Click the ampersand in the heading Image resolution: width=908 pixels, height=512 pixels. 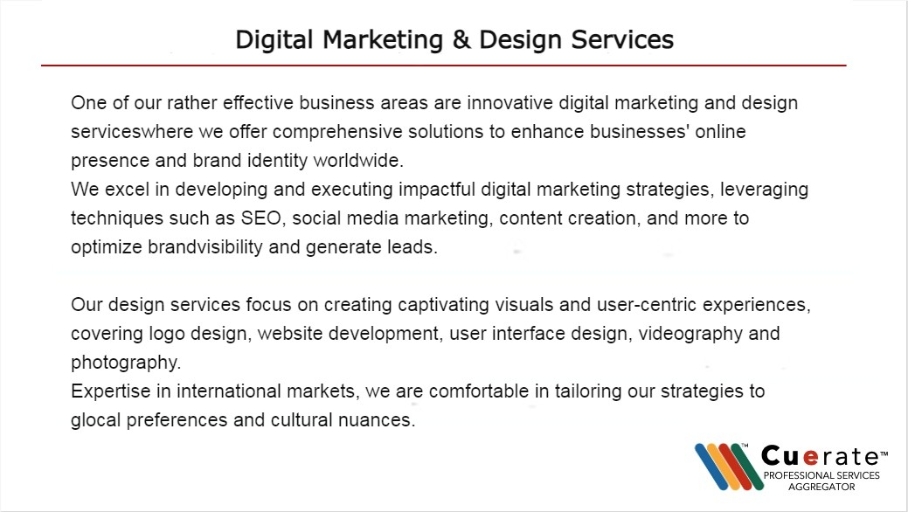pos(461,40)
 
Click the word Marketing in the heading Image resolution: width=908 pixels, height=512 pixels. pos(383,40)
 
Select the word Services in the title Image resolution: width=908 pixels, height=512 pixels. pos(622,40)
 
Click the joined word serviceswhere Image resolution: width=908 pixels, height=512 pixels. pos(132,131)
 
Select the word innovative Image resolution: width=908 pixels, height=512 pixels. pos(510,103)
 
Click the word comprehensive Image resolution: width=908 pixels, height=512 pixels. pos(337,132)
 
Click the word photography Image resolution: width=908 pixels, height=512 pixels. pos(126,363)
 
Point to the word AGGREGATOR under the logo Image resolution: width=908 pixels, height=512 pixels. pos(821,487)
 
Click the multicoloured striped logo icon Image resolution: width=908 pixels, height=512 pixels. pos(729,467)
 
